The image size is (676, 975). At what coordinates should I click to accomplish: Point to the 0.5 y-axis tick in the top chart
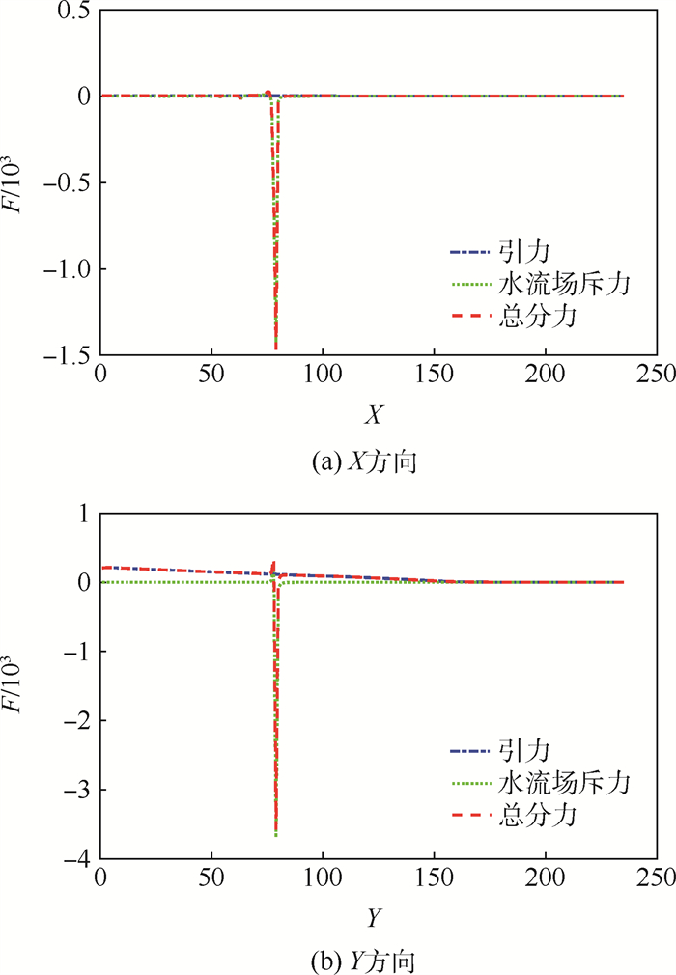point(75,11)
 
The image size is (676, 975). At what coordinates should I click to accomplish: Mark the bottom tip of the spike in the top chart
point(276,348)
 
